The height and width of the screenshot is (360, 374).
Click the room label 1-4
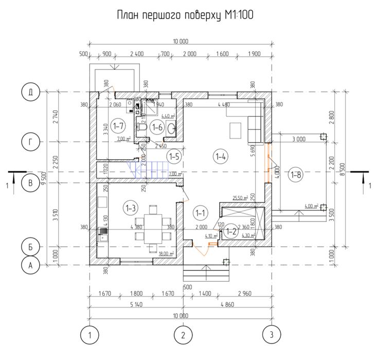(x=221, y=157)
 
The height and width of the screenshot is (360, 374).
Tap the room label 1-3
(x=131, y=208)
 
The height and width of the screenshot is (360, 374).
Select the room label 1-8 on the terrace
(x=296, y=176)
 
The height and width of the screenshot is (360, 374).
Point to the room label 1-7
(x=118, y=125)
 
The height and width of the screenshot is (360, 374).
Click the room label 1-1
(x=200, y=212)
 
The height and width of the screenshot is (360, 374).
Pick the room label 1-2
(x=231, y=232)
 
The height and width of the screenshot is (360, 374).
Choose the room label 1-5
(x=174, y=157)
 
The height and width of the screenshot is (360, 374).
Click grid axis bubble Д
(x=31, y=93)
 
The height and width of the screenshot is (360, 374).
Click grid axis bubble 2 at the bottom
(x=183, y=335)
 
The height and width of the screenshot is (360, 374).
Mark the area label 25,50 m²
(x=240, y=197)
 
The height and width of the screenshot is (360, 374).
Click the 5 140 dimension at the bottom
(x=136, y=304)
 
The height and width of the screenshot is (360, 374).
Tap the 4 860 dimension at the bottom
(x=226, y=304)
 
